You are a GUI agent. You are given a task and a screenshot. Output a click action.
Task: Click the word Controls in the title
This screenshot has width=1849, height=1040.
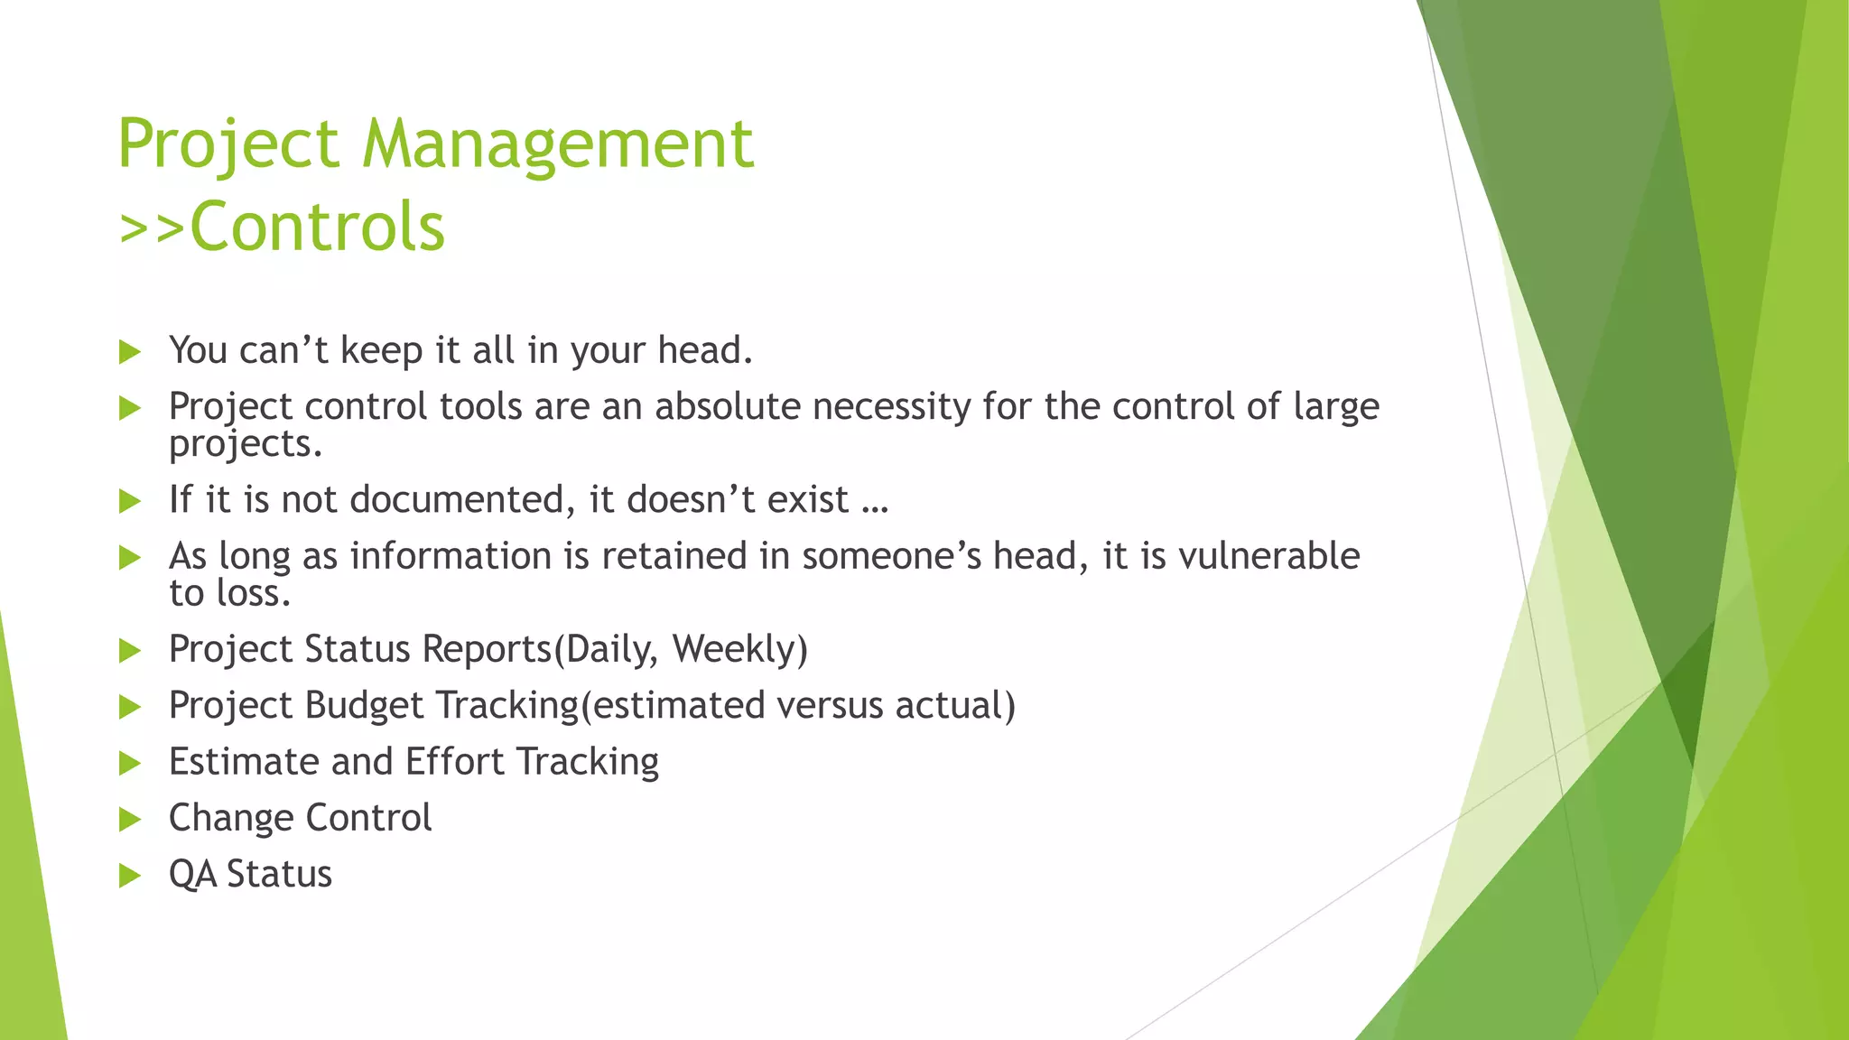coord(317,226)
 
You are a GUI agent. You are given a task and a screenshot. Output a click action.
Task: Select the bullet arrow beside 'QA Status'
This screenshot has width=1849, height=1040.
coord(130,875)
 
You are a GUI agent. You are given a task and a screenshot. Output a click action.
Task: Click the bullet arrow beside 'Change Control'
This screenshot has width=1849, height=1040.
coord(130,819)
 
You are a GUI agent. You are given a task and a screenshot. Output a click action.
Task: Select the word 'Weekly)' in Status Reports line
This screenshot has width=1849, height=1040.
coord(739,650)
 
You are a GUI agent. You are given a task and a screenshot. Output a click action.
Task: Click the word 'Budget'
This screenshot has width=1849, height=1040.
coord(364,706)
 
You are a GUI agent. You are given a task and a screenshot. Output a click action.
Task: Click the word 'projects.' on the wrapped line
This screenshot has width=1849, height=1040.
coord(245,445)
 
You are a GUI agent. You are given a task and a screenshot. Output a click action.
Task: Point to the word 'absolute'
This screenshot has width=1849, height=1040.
coord(728,407)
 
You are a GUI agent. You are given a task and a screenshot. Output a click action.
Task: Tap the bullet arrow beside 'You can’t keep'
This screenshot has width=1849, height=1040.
coord(130,351)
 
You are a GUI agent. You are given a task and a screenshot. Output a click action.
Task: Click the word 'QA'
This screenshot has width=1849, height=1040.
coord(192,875)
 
